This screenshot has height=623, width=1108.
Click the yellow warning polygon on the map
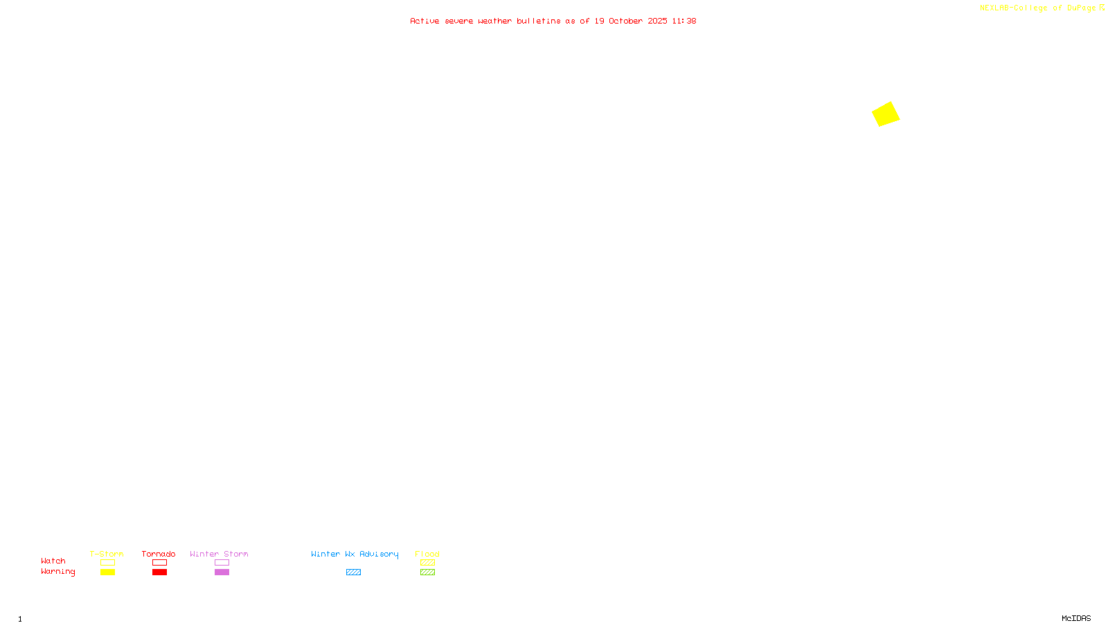(886, 114)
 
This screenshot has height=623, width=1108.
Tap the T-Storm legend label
(107, 554)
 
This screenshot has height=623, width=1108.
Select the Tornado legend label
(159, 554)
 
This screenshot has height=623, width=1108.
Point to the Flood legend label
(427, 554)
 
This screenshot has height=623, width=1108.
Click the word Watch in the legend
(53, 561)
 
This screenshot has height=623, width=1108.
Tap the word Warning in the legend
(58, 572)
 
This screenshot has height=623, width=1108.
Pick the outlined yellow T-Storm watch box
(107, 563)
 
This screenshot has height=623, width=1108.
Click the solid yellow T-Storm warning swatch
(107, 572)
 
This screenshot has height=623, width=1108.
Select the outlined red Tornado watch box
(159, 563)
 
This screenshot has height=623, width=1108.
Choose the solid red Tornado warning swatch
(159, 572)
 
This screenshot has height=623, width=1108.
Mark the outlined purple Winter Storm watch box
(222, 563)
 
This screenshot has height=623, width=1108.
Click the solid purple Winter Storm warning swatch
(222, 572)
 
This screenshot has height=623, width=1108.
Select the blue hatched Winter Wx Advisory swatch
(353, 572)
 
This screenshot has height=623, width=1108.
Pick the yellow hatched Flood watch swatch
(427, 563)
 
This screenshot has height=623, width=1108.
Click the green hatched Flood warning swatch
(427, 572)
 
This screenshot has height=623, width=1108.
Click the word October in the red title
(625, 21)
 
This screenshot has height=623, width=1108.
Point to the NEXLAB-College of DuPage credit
(1038, 8)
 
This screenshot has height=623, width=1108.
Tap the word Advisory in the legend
(379, 554)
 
